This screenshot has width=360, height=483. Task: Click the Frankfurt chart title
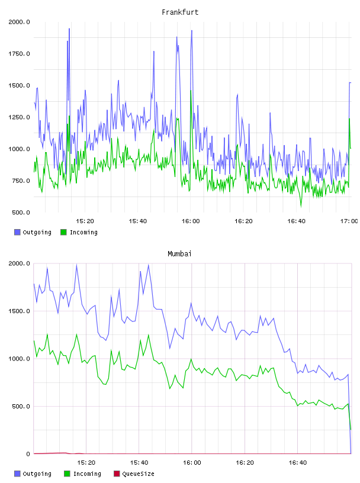180,12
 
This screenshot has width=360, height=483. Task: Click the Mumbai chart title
179,254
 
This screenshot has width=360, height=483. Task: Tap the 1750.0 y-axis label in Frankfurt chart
19,54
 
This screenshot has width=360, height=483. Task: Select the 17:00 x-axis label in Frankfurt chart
349,221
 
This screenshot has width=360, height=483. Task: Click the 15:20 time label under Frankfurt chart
85,221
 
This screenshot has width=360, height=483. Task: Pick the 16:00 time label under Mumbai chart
192,463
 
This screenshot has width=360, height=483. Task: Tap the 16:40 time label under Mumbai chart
298,463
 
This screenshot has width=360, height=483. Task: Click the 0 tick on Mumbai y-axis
28,454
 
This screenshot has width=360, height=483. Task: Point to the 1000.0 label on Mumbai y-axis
19,359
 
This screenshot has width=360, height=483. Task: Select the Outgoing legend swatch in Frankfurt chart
17,232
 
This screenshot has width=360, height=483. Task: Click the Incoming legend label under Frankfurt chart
83,232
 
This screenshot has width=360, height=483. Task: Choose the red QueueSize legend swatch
117,474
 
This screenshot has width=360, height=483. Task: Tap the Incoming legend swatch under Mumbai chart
67,474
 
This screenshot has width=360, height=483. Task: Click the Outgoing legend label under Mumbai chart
37,474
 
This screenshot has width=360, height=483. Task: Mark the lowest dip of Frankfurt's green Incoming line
301,207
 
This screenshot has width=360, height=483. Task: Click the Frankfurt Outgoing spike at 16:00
192,31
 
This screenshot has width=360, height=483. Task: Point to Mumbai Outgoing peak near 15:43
149,265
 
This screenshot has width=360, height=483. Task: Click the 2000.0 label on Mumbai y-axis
19,263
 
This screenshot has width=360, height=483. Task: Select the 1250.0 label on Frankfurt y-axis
19,117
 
